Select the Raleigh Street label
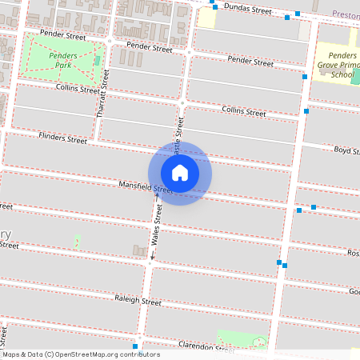138,302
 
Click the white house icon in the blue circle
180,172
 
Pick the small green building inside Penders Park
98,60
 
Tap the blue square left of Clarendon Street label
136,346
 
